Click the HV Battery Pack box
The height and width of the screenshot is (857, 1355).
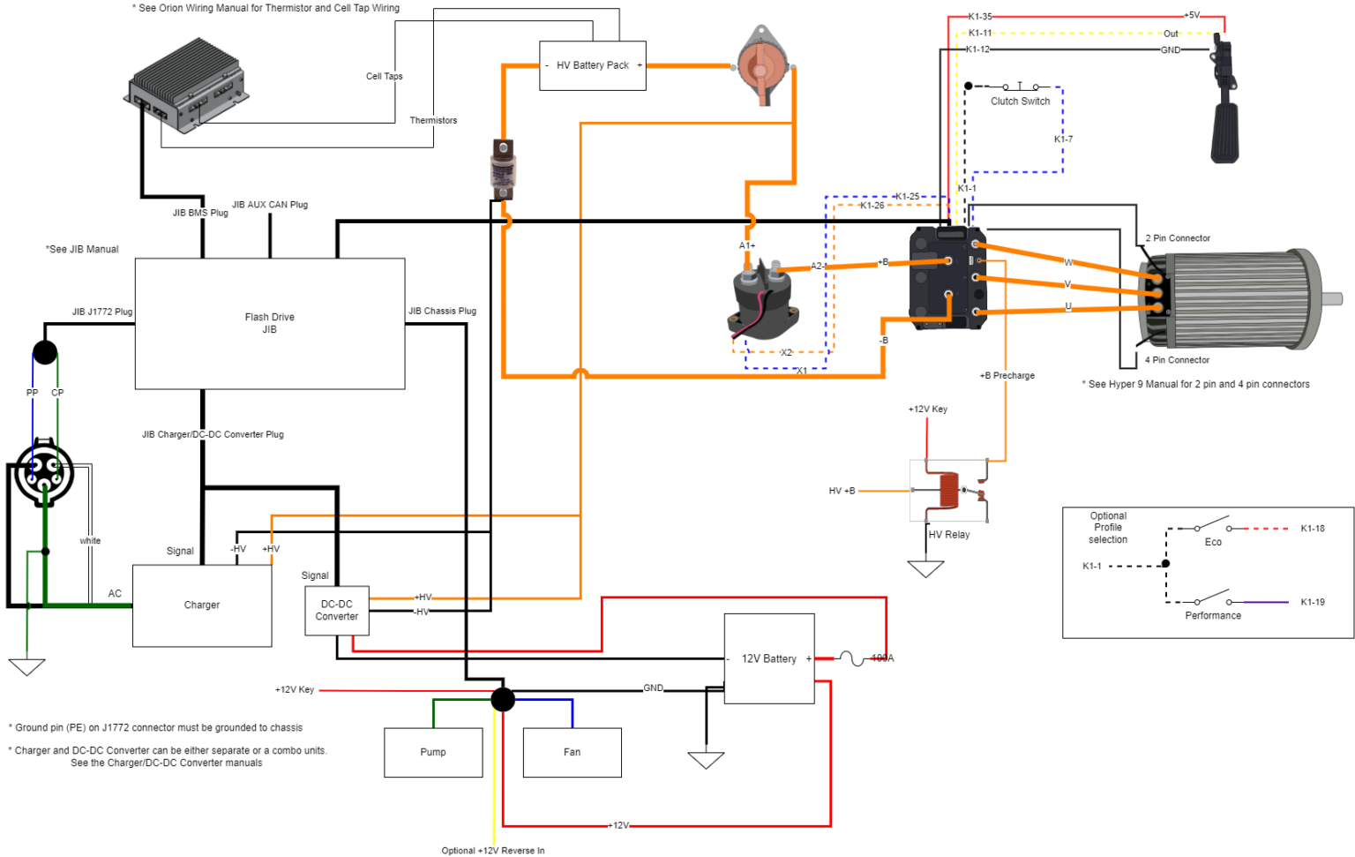[x=592, y=65]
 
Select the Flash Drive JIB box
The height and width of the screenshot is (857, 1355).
[x=269, y=323]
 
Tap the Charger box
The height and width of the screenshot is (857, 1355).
[x=201, y=605]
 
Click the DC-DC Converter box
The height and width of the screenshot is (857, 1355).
[x=336, y=611]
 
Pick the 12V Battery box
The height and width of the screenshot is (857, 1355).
[x=768, y=658]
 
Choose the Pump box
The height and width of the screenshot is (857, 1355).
[x=433, y=752]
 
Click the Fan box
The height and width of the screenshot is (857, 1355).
[x=572, y=752]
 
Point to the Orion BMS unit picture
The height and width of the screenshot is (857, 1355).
[x=186, y=86]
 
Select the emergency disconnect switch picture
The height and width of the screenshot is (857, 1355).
[x=761, y=64]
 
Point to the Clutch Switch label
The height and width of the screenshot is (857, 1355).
[x=1020, y=101]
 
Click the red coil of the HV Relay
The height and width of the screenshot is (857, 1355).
[x=947, y=490]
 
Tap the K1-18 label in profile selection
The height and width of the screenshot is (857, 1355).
[x=1312, y=529]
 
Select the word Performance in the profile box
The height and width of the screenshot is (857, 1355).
[x=1212, y=616]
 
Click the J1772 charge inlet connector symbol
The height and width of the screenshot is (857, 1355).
[x=43, y=473]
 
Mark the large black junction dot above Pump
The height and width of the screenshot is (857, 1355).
[x=503, y=699]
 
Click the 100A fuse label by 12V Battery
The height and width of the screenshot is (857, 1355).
[x=882, y=658]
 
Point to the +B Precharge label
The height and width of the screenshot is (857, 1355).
[x=1007, y=376]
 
